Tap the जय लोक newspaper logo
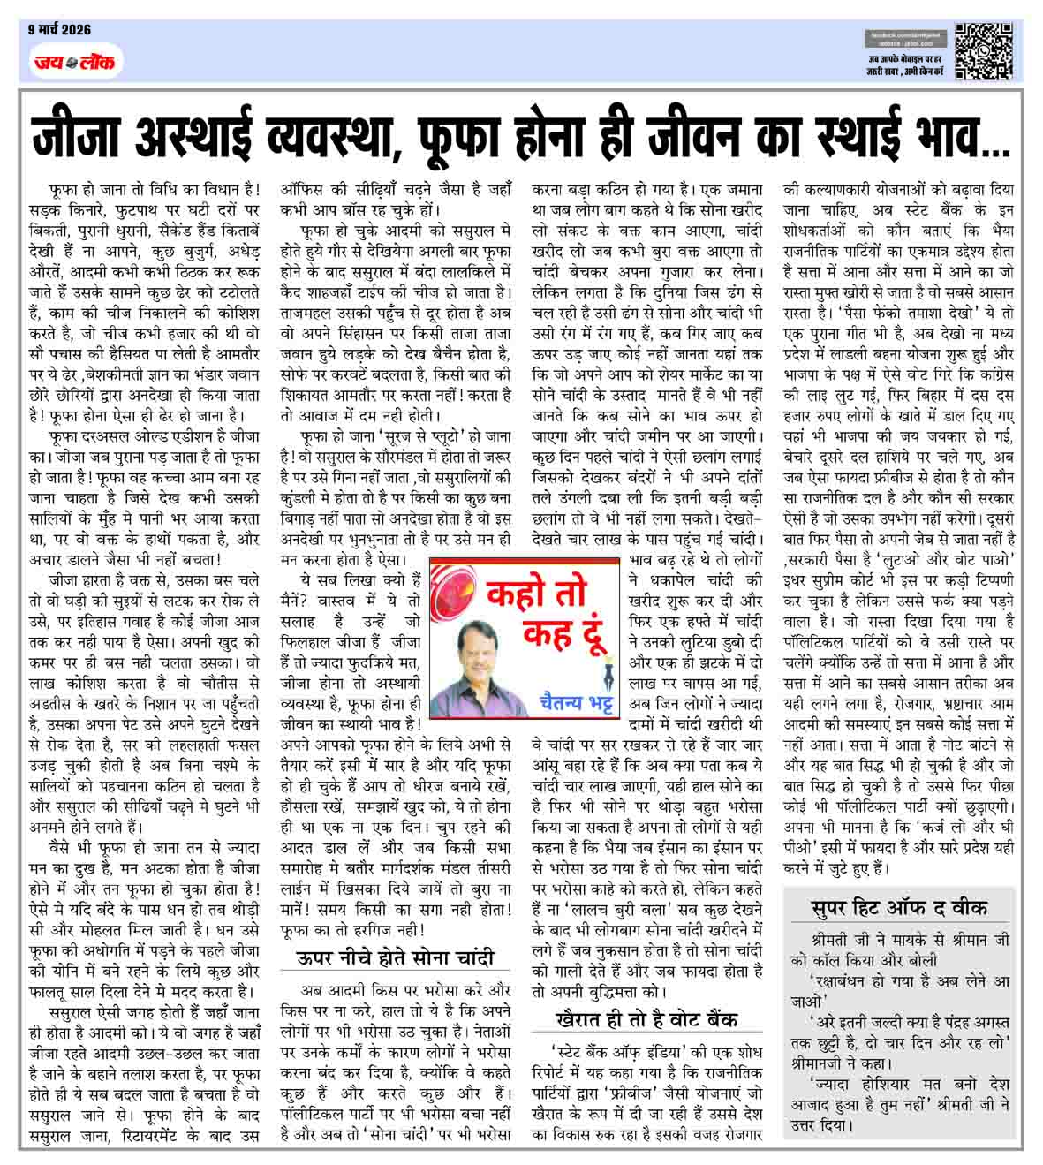click(73, 61)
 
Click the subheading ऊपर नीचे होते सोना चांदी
click(394, 958)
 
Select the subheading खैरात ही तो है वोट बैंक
click(646, 1018)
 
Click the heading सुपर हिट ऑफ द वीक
click(899, 907)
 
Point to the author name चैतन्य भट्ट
click(578, 702)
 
